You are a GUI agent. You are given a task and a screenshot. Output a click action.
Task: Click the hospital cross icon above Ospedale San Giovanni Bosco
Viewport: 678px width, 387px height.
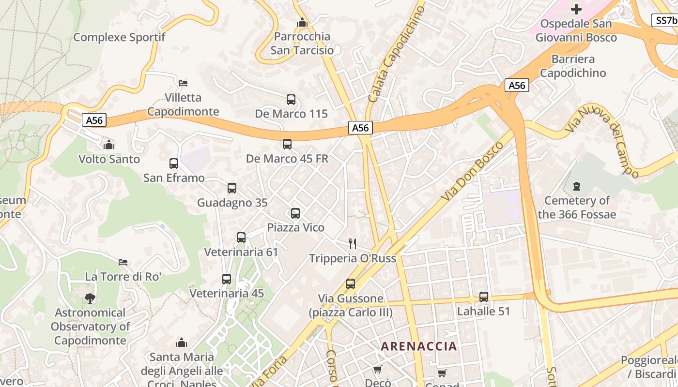pos(576,9)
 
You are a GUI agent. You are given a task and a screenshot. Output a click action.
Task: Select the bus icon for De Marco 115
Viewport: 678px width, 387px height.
pos(291,100)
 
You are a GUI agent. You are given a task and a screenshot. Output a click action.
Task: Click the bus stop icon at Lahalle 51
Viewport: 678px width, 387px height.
pos(483,297)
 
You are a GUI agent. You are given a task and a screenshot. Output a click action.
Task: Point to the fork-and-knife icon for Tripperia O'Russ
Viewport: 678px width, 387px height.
pos(353,243)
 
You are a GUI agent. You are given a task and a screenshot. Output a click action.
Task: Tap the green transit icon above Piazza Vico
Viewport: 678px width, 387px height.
pos(295,213)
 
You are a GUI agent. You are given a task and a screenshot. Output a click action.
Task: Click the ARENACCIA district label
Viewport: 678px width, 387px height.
pos(419,346)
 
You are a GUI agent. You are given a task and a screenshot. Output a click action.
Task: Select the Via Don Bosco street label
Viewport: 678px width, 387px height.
pos(470,172)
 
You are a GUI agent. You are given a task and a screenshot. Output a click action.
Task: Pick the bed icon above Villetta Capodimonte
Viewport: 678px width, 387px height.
pos(183,83)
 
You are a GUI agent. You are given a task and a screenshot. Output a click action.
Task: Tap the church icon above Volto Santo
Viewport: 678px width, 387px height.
pos(109,145)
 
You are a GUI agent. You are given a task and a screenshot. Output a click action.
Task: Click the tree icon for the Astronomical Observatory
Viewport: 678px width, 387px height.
pos(90,298)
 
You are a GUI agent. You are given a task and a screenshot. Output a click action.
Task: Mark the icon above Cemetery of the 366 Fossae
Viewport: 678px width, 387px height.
pos(576,186)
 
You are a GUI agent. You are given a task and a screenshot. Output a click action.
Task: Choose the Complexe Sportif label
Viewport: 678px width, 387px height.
pos(119,37)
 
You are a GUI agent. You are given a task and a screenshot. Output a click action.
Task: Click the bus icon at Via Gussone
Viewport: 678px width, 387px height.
pos(351,284)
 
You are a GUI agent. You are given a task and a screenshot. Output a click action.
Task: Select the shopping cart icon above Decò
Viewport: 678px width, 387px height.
pos(377,369)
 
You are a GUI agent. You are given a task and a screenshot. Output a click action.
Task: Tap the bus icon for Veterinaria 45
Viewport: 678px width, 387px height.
pos(227,279)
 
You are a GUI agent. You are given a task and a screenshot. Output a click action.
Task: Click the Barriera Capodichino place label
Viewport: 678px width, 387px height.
pos(573,66)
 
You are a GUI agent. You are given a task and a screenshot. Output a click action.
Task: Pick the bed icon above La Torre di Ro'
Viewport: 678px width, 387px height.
pos(123,262)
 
